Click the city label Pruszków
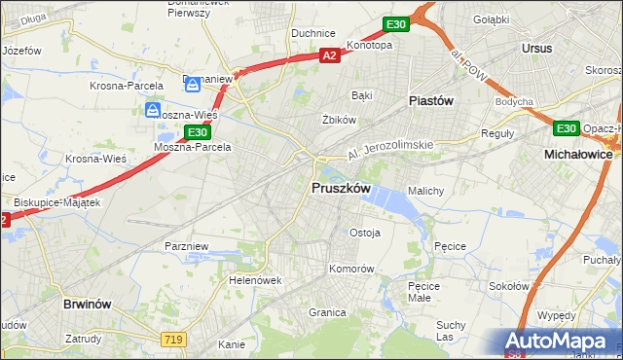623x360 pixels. tap(340, 188)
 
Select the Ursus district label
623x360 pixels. tap(536, 48)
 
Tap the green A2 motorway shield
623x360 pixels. tap(330, 56)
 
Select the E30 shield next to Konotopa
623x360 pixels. tap(394, 24)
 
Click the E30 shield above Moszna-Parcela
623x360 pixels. tap(198, 132)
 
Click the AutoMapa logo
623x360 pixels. tap(559, 341)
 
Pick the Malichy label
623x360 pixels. tap(426, 191)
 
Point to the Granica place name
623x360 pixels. tap(328, 312)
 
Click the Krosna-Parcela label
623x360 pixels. tap(127, 86)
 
